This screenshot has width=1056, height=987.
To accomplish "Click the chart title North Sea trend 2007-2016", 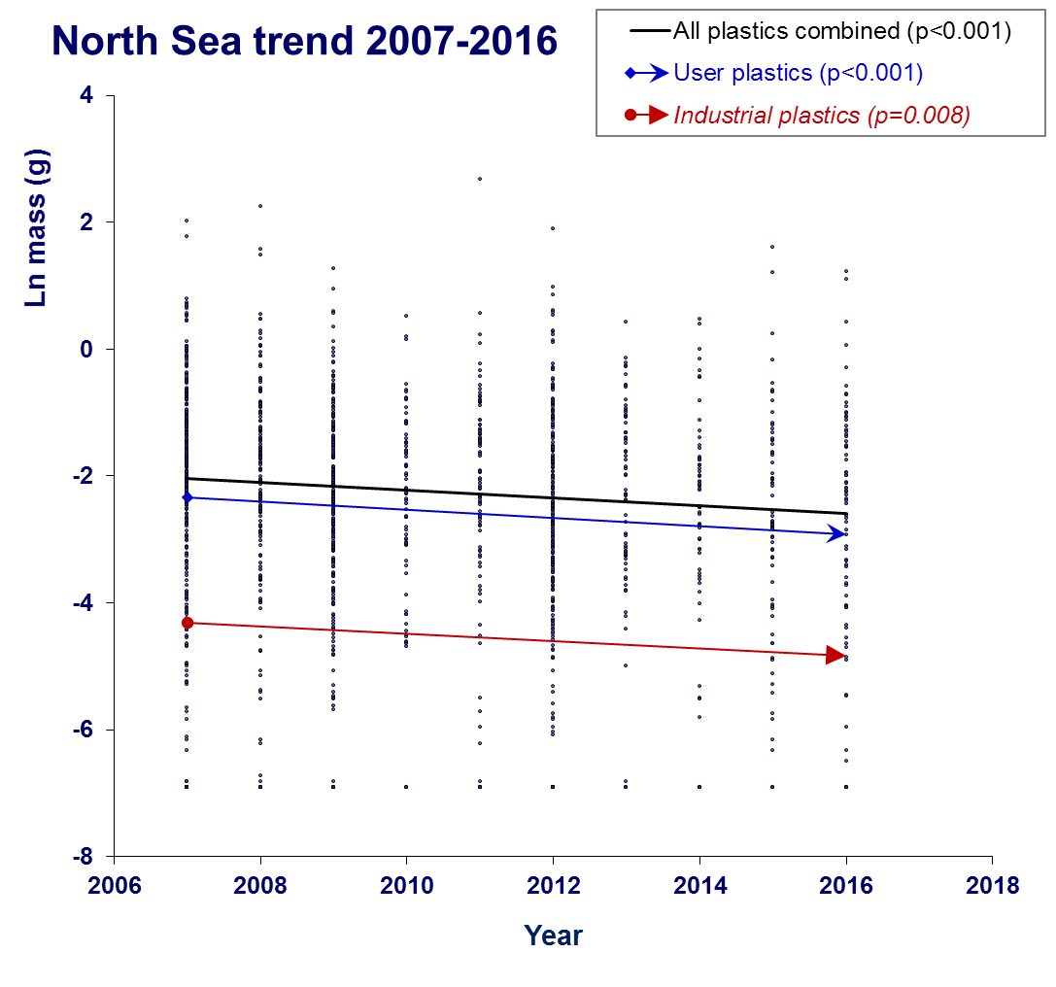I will coord(304,41).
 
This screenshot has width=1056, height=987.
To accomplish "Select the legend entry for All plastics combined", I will coord(842,31).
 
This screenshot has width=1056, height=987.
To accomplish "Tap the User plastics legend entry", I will coord(798,73).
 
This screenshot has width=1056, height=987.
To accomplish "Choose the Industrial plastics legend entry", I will coord(822,116).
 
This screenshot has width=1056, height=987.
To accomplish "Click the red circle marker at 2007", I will coord(187,623).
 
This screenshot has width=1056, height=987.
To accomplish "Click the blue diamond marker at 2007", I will coord(187,497).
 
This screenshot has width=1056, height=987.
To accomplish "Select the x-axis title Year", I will coord(553,936).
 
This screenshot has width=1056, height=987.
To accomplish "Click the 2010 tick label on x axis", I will coord(406,885).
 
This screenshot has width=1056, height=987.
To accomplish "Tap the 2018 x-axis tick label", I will coord(992,885).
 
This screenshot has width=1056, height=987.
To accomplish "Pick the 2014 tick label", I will coord(699,885).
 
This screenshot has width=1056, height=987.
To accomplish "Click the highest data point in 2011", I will coord(480,179).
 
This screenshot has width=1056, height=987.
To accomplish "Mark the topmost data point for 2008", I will coord(260,206).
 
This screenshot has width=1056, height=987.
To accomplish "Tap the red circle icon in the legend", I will coord(630,116).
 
